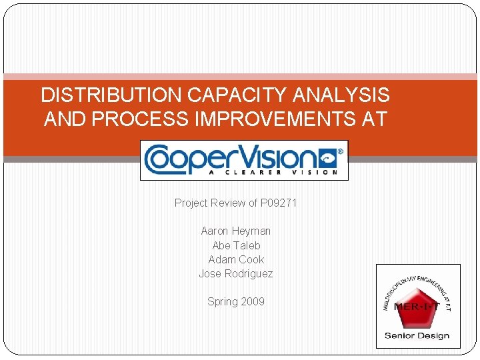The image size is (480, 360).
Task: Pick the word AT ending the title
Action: pyautogui.click(x=375, y=119)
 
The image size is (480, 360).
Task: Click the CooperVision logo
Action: pyautogui.click(x=243, y=160)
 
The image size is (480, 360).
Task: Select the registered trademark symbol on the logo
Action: pyautogui.click(x=339, y=151)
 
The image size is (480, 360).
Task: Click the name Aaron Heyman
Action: pyautogui.click(x=236, y=231)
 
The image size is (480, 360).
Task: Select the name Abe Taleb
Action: pyautogui.click(x=236, y=245)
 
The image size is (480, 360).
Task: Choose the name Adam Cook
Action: pyautogui.click(x=236, y=259)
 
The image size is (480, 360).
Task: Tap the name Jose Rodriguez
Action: pyautogui.click(x=236, y=273)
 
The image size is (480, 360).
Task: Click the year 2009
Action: pyautogui.click(x=253, y=301)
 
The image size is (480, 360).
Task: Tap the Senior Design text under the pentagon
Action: pyautogui.click(x=417, y=335)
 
